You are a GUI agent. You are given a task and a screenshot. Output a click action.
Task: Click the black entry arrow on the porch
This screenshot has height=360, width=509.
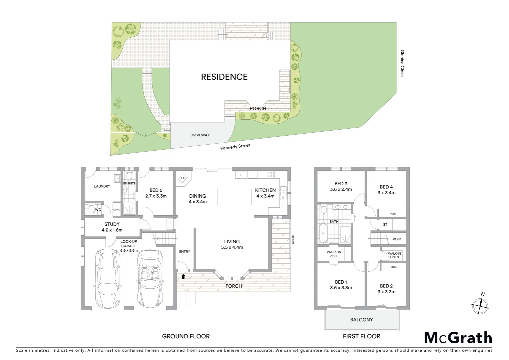click(x=183, y=276)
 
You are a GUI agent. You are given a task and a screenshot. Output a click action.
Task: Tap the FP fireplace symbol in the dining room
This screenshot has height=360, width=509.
click(x=183, y=178)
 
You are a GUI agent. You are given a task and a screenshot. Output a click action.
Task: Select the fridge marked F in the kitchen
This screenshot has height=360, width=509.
click(x=241, y=175)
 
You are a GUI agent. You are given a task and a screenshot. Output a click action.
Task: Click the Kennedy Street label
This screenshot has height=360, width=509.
click(x=235, y=147)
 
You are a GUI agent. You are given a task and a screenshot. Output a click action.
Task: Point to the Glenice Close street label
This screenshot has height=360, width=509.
click(x=402, y=63)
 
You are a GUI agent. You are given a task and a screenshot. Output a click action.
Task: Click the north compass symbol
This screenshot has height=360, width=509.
click(x=480, y=304)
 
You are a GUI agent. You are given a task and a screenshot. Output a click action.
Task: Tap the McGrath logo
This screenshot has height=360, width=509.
click(x=458, y=337)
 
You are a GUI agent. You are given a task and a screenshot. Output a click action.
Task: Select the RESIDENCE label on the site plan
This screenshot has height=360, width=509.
click(x=224, y=77)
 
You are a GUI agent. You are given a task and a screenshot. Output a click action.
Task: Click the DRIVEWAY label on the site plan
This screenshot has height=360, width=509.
click(x=200, y=135)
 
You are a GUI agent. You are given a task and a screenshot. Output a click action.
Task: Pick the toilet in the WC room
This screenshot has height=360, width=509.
click(x=91, y=209)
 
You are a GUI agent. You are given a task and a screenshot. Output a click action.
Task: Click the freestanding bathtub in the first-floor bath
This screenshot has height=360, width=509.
click(x=323, y=233)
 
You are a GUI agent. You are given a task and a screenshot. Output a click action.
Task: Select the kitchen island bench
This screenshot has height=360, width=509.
click(x=235, y=197)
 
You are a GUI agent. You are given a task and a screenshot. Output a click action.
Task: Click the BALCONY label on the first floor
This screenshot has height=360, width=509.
click(x=361, y=320)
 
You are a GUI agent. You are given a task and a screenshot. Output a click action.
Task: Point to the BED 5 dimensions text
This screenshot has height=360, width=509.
click(x=156, y=196)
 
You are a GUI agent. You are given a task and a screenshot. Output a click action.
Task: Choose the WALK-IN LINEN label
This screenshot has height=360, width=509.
click(x=394, y=255)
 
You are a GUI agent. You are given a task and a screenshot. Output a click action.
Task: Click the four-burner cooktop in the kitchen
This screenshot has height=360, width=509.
click(x=270, y=174)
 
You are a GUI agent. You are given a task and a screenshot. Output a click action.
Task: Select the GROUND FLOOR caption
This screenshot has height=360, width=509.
click(x=186, y=336)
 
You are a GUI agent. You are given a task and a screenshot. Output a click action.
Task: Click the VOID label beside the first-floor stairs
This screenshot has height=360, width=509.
click(x=397, y=239)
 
